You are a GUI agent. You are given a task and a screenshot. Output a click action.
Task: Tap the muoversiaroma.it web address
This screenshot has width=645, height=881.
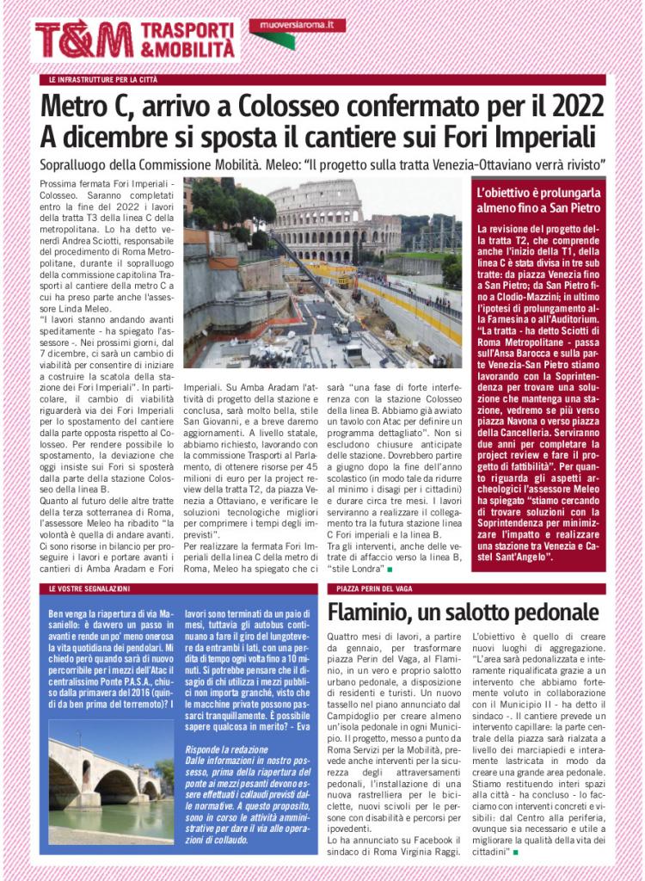[x=297, y=25]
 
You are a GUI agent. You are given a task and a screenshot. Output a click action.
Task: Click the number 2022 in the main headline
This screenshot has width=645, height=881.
[x=568, y=107]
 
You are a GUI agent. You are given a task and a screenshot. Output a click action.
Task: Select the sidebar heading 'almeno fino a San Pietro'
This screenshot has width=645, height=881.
[x=539, y=208]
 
